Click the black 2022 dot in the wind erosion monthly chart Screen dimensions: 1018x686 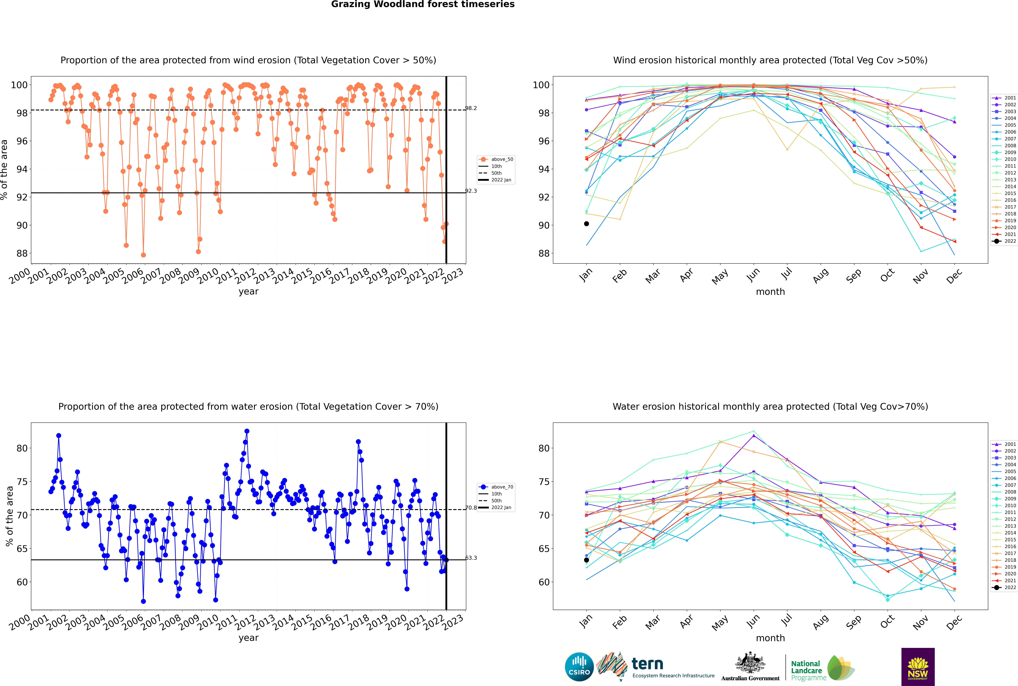point(586,224)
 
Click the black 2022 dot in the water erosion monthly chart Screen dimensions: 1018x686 point(586,560)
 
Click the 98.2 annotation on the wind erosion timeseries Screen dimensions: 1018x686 point(471,108)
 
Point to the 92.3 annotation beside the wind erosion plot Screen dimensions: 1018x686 point(471,191)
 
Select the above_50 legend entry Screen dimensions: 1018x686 point(496,159)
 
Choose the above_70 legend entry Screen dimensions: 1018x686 point(496,487)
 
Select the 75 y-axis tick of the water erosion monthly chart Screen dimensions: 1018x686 point(544,482)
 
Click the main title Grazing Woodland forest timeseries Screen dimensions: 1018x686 point(423,4)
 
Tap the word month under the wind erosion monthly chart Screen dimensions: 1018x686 point(770,292)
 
